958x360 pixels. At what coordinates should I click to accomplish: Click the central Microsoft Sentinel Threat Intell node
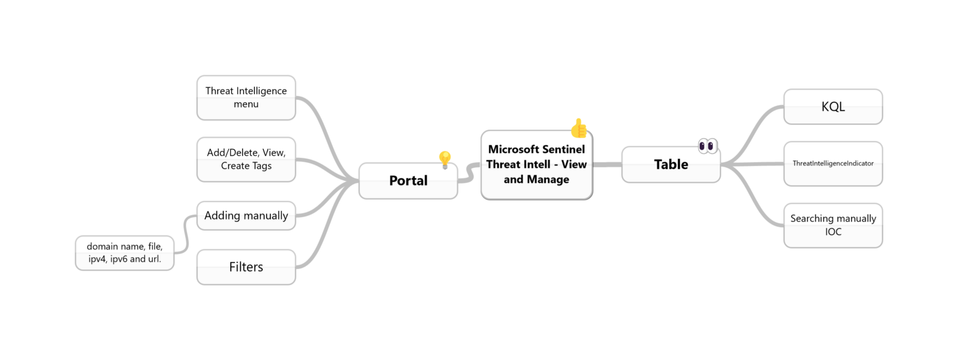tap(536, 165)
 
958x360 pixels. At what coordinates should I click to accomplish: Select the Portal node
tap(408, 181)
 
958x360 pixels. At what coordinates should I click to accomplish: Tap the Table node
tap(670, 165)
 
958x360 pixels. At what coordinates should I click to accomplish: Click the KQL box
tap(833, 107)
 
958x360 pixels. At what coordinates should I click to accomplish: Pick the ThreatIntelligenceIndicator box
tap(833, 163)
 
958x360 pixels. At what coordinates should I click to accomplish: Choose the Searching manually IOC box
tap(833, 225)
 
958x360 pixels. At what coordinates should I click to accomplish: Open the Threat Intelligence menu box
tap(246, 97)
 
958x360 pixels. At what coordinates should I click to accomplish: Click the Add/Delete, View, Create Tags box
tap(246, 159)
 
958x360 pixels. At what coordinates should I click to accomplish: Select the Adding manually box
tap(246, 216)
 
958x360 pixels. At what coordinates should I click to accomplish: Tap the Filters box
tap(246, 267)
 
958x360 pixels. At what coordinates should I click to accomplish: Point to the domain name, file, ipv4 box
tap(124, 253)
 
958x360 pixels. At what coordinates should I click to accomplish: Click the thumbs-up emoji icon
tap(579, 128)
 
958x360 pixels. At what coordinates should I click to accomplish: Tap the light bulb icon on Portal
tap(445, 160)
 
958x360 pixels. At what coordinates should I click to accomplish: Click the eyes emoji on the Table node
tap(707, 146)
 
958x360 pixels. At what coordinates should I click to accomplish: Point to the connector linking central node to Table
tap(607, 165)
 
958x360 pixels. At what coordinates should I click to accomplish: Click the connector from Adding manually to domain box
tap(185, 234)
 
